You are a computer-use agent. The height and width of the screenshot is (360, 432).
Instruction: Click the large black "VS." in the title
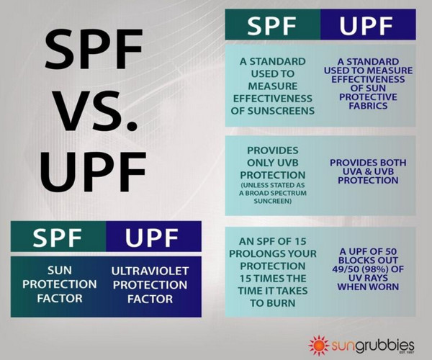coord(96,110)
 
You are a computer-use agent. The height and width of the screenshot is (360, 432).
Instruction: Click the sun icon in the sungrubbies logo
coord(319,345)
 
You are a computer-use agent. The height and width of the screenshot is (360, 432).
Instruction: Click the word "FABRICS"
coord(369,106)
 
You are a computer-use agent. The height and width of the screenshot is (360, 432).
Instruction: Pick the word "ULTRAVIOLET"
coord(150,271)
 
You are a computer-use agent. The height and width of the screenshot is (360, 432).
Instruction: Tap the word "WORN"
coord(384,287)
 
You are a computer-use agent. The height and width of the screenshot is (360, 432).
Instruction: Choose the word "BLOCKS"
coord(356,261)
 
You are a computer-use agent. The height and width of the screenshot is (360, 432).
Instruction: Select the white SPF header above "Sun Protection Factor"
coord(58,238)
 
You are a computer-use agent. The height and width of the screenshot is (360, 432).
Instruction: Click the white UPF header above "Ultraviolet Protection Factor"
coord(151,238)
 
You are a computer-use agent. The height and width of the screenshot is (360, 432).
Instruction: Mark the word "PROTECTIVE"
coord(369,97)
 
